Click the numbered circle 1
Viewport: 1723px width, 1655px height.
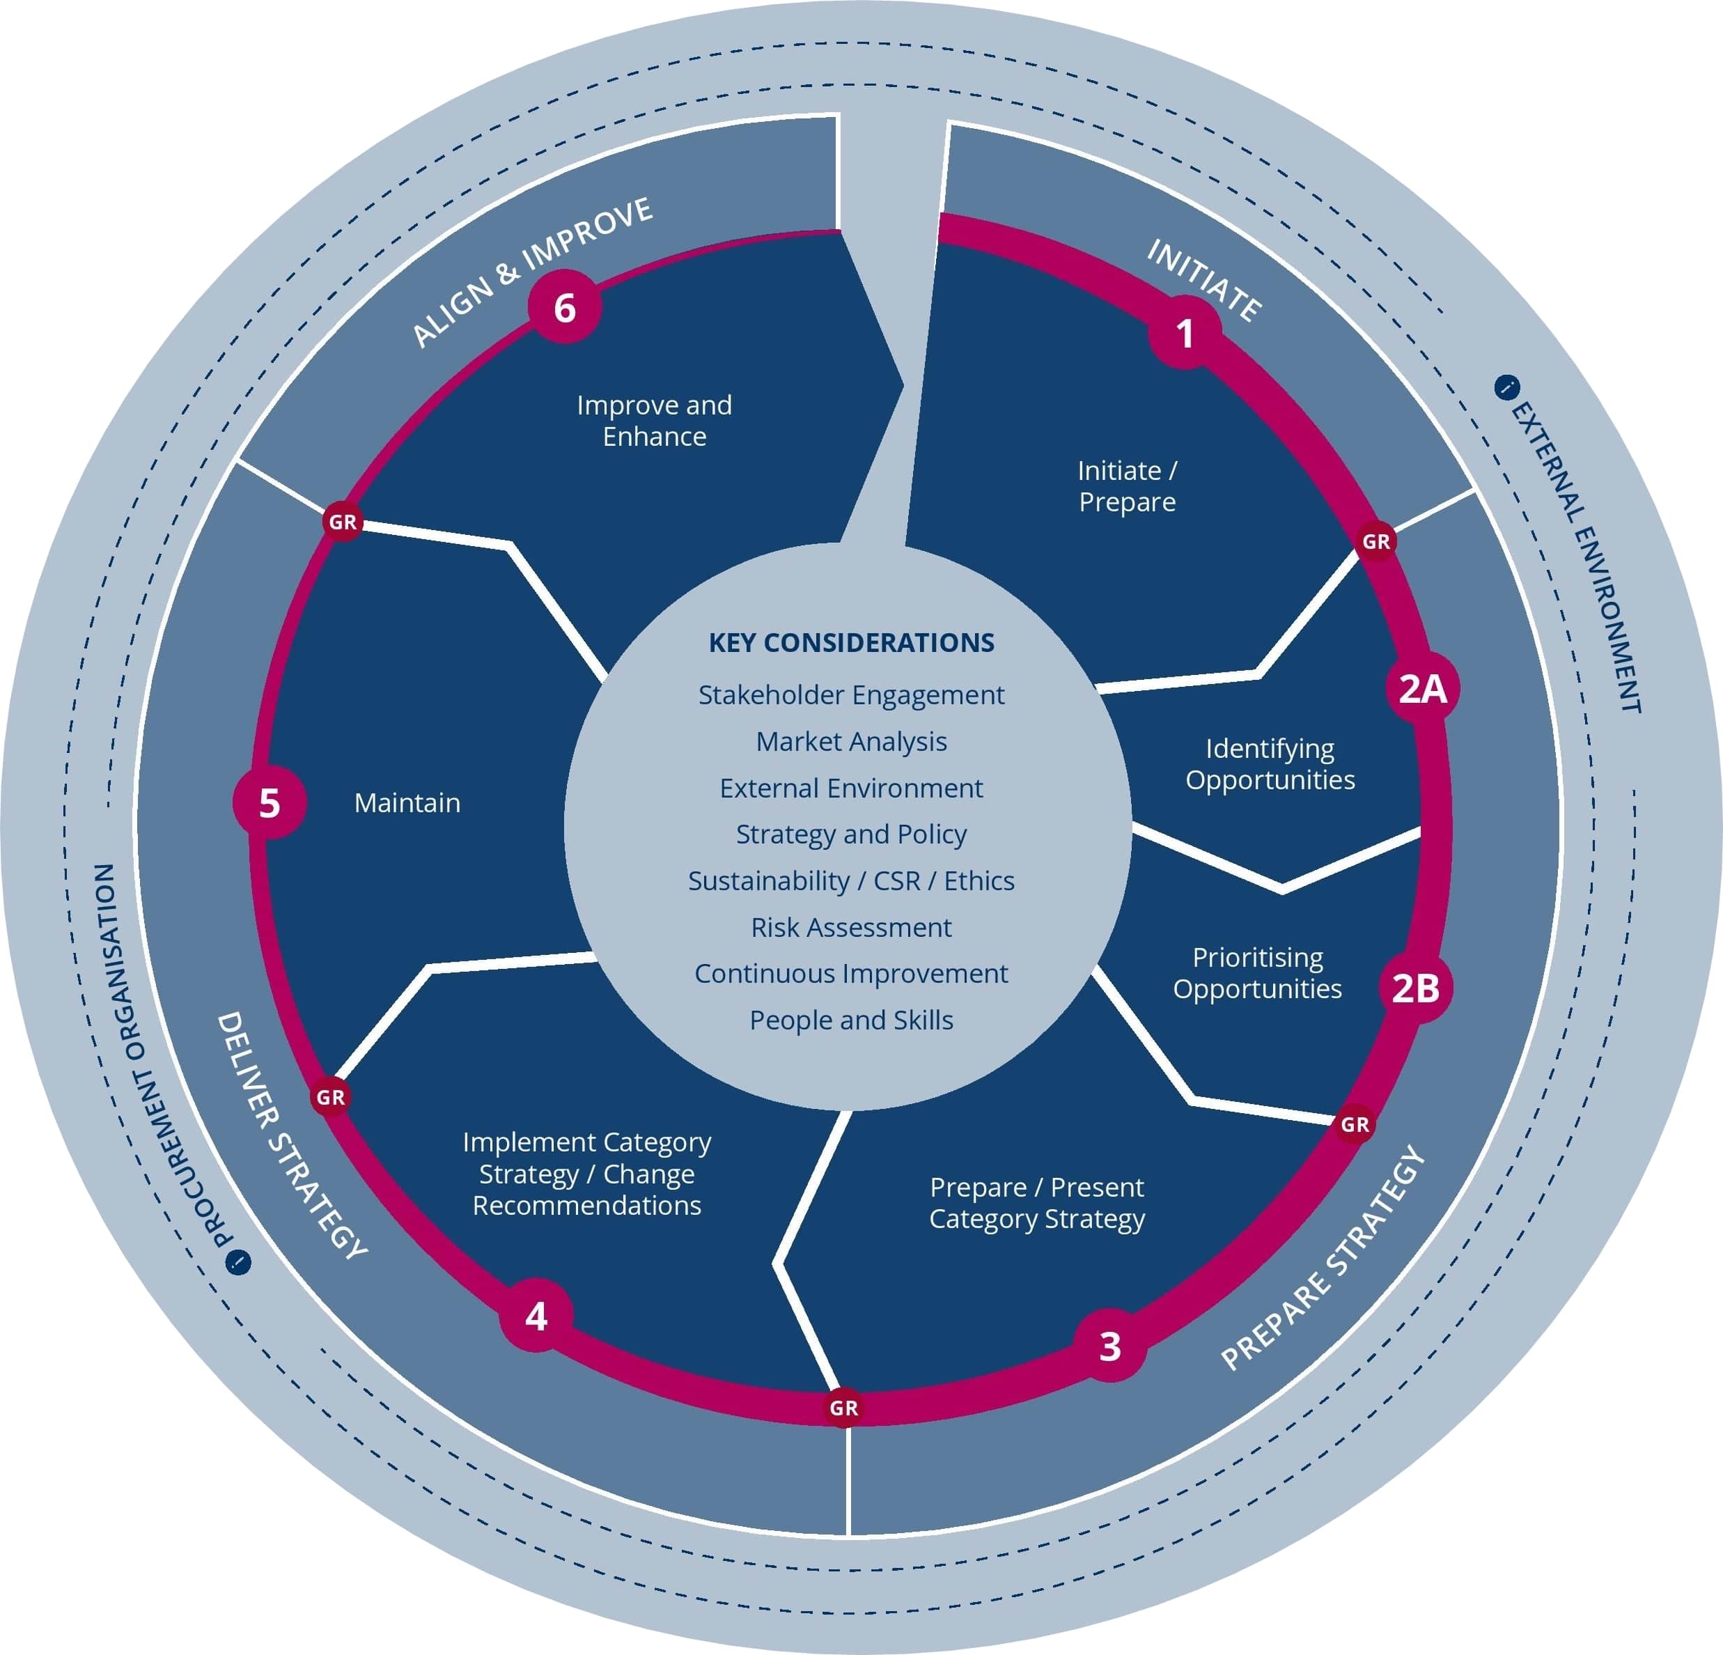point(1185,333)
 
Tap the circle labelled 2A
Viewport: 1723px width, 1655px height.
point(1422,689)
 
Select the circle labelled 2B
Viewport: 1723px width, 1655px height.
point(1415,988)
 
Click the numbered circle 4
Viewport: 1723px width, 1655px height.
point(536,1316)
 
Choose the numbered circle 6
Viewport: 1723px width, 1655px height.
point(564,308)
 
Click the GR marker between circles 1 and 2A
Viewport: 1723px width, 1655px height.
point(1375,542)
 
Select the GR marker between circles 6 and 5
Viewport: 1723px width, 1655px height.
point(343,522)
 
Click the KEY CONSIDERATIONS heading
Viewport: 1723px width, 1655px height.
point(851,643)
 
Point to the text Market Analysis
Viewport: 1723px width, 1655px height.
point(851,741)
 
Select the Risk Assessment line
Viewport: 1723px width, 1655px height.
point(851,927)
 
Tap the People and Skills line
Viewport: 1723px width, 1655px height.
point(851,1020)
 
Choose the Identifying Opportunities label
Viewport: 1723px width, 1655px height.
point(1270,763)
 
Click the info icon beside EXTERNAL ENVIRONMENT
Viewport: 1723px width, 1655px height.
point(1506,387)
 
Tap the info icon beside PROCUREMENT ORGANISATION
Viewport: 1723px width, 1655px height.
point(238,1263)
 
